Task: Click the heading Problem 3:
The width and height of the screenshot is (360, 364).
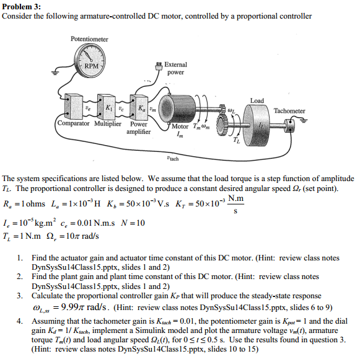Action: (x=22, y=6)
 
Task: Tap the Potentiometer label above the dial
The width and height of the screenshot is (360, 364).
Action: (x=89, y=39)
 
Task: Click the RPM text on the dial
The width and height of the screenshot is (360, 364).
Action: (x=91, y=66)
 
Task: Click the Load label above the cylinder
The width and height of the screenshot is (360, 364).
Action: (x=257, y=100)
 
